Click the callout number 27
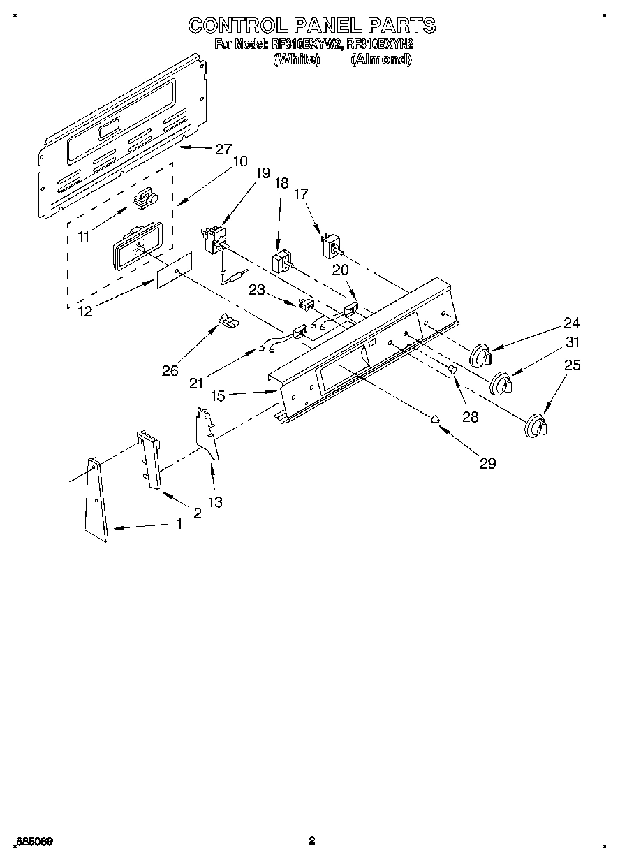(223, 148)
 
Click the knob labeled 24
(479, 356)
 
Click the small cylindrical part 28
(452, 368)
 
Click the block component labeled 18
(281, 264)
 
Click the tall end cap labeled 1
(97, 499)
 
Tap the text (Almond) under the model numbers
(381, 60)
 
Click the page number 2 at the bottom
(311, 840)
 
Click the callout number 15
(218, 395)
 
